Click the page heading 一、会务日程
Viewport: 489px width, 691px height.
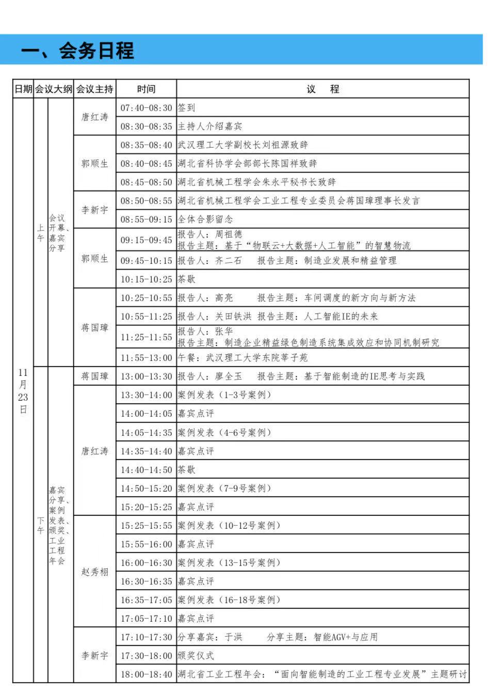coord(77,51)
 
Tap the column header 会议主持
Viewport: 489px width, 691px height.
coord(94,89)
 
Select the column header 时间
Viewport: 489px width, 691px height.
coord(146,89)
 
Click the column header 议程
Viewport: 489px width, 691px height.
coord(323,89)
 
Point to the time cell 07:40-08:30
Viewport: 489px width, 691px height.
coord(146,108)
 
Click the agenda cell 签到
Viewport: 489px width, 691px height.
coord(187,108)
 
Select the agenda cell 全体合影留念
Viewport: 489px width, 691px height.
coord(205,219)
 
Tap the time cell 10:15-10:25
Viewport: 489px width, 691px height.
coord(146,279)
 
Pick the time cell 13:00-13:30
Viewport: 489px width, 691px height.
coord(146,376)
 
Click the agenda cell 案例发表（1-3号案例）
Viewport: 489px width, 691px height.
coord(224,395)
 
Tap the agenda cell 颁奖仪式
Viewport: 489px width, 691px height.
coord(196,655)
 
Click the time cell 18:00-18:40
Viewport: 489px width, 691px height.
coord(146,674)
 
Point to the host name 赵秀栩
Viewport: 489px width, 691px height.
coord(95,572)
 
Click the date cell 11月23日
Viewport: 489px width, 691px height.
coord(23,391)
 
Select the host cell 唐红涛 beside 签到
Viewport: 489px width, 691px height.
coord(95,117)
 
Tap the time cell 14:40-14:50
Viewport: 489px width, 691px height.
coord(146,469)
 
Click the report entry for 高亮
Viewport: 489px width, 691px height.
coord(297,298)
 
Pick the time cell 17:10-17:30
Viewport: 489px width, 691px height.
coord(146,637)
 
